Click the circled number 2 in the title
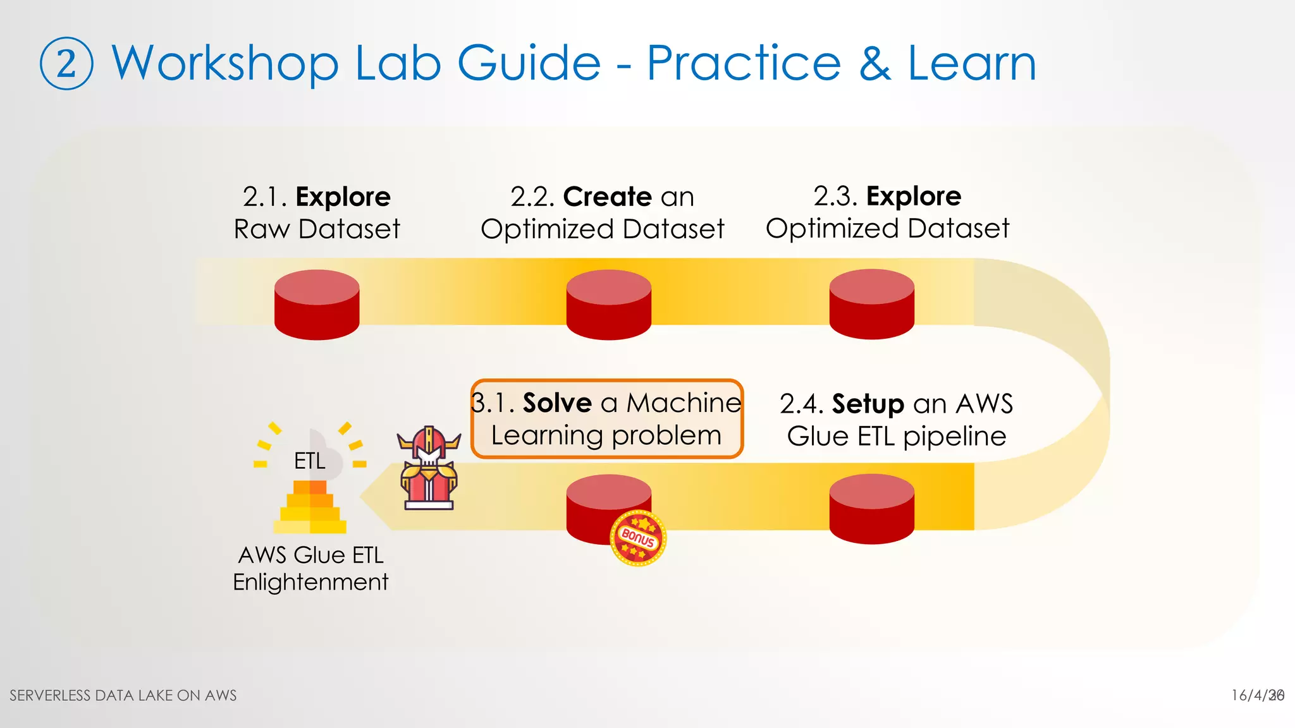pyautogui.click(x=66, y=64)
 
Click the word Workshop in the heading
pyautogui.click(x=225, y=63)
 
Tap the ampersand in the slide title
pyautogui.click(x=875, y=63)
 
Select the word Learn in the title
pyautogui.click(x=972, y=63)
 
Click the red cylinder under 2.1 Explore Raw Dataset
pyautogui.click(x=317, y=305)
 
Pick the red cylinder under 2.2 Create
pyautogui.click(x=608, y=305)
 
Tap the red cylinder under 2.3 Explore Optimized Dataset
pyautogui.click(x=871, y=305)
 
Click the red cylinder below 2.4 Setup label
pyautogui.click(x=871, y=509)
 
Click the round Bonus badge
pyautogui.click(x=638, y=538)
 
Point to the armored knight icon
pyautogui.click(x=429, y=468)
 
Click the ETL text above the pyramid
pyautogui.click(x=309, y=461)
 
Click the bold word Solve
pyautogui.click(x=556, y=403)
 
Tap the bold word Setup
pyautogui.click(x=868, y=404)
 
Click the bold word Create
pyautogui.click(x=607, y=197)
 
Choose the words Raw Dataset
pyautogui.click(x=317, y=229)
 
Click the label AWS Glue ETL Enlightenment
pyautogui.click(x=310, y=568)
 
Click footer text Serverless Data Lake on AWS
pyautogui.click(x=123, y=695)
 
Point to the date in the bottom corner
pyautogui.click(x=1257, y=695)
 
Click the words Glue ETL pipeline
pyautogui.click(x=896, y=436)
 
